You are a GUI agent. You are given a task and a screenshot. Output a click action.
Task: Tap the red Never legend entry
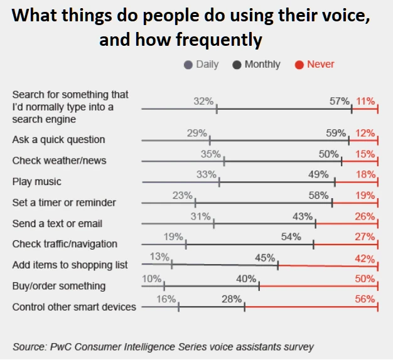[x=320, y=64]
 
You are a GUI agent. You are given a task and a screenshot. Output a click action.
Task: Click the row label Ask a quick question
[x=58, y=140]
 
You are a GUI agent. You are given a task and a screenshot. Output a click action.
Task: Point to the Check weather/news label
[x=59, y=161]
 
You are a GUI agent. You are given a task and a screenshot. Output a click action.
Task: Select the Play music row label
[x=37, y=182]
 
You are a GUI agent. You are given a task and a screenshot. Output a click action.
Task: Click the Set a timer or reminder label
[x=64, y=203]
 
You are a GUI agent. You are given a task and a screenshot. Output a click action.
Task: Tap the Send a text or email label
[x=57, y=223]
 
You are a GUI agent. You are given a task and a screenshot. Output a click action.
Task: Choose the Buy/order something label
[x=59, y=286]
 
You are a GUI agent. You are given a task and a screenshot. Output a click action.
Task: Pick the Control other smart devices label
[x=74, y=307]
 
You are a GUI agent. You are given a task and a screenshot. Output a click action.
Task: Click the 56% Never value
[x=365, y=300]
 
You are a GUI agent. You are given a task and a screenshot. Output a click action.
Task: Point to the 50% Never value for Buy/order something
[x=365, y=278]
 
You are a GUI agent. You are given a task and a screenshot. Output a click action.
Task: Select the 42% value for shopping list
[x=365, y=258]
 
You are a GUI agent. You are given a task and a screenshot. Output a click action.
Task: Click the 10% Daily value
[x=153, y=278]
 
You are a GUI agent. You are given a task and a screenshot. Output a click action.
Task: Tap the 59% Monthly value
[x=336, y=133]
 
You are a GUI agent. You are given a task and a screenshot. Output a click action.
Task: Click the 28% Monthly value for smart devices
[x=232, y=300]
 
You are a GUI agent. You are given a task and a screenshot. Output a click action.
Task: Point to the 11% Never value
[x=365, y=101]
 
